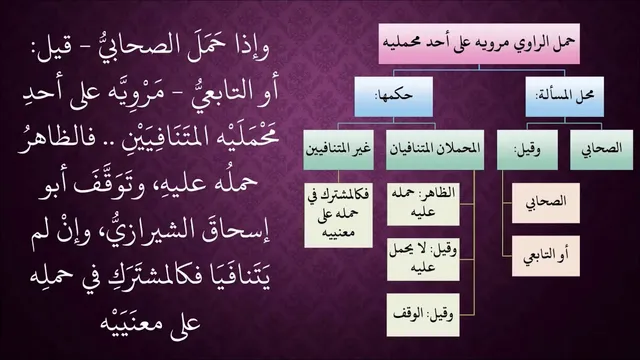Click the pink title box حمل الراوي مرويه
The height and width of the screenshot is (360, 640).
pyautogui.click(x=479, y=44)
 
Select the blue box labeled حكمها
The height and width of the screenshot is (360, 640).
pyautogui.click(x=393, y=97)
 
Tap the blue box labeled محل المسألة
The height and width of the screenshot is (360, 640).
pyautogui.click(x=564, y=97)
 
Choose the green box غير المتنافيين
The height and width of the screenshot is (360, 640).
pyautogui.click(x=338, y=150)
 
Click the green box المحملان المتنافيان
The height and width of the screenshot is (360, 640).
pyautogui.click(x=435, y=150)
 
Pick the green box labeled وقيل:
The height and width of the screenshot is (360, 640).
pyautogui.click(x=527, y=150)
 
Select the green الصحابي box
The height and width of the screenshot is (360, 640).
pyautogui.click(x=602, y=150)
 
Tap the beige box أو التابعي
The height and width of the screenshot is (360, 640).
pyautogui.click(x=546, y=256)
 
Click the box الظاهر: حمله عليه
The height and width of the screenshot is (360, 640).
pyautogui.click(x=423, y=204)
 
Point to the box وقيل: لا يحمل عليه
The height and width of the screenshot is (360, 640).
pyautogui.click(x=423, y=260)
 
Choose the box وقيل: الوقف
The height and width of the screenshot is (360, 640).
pyautogui.click(x=423, y=315)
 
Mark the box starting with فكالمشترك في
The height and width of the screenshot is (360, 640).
pyautogui.click(x=338, y=215)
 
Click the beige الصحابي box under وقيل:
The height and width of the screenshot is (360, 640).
pyautogui.click(x=546, y=203)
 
